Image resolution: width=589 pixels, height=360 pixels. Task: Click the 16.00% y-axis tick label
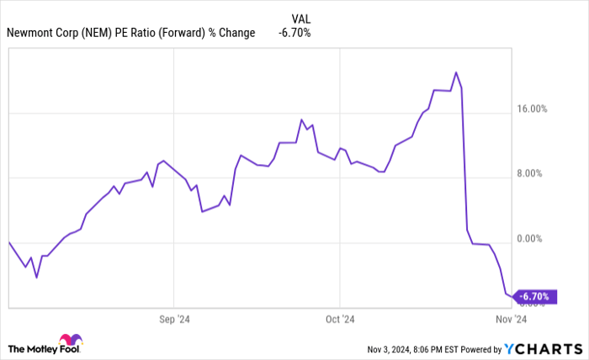coord(531,109)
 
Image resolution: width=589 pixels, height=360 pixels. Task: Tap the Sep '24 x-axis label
coord(172,320)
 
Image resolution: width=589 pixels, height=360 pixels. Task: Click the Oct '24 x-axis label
coord(339,320)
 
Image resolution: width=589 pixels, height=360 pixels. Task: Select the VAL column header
coord(300,19)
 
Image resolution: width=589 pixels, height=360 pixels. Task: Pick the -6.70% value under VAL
coord(294,34)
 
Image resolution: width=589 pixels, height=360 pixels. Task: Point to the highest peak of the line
coord(455,72)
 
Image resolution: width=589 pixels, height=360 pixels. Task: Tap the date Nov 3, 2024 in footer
coord(392,348)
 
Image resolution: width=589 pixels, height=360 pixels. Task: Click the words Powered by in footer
coord(480,348)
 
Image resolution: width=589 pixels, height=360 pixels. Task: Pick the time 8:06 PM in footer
coord(435,348)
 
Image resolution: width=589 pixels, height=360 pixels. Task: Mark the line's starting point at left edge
coord(9,242)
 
